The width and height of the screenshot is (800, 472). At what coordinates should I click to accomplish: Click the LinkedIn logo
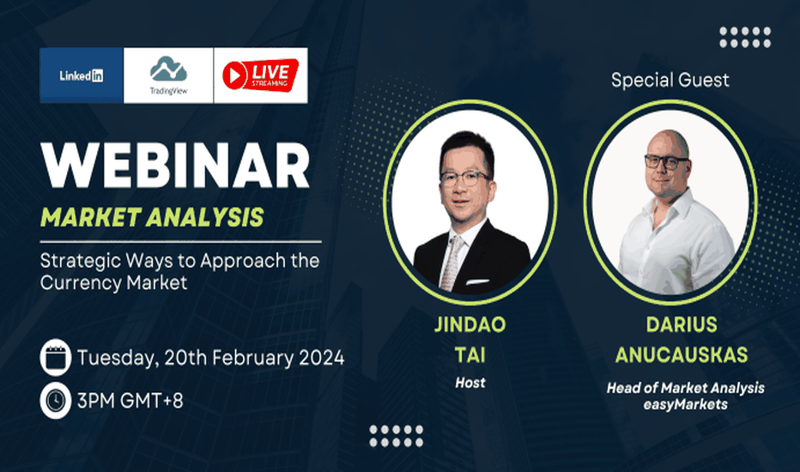(82, 76)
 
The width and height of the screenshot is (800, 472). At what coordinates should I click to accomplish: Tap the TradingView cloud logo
(168, 69)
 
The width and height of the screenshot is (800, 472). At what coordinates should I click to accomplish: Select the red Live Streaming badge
(260, 75)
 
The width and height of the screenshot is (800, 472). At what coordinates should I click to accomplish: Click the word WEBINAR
(175, 166)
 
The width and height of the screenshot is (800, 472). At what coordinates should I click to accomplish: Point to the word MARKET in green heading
(91, 217)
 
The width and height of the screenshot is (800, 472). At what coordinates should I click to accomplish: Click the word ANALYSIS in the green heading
(206, 217)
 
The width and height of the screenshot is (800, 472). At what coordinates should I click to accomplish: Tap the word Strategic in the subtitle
(81, 261)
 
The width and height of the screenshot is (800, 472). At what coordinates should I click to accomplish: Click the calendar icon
(56, 358)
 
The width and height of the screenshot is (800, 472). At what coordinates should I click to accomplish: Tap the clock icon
(56, 401)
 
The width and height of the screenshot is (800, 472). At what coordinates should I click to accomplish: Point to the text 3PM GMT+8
(130, 401)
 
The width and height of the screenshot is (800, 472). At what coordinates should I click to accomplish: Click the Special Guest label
(670, 80)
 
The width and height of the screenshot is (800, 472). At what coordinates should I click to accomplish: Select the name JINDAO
(470, 325)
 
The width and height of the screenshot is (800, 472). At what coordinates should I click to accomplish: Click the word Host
(470, 383)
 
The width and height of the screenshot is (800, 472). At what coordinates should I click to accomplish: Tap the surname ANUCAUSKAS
(682, 355)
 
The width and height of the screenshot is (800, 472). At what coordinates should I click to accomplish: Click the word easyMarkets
(685, 405)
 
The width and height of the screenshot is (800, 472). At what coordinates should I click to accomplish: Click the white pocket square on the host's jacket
(477, 281)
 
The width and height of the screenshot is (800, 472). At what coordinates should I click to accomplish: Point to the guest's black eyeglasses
(667, 162)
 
